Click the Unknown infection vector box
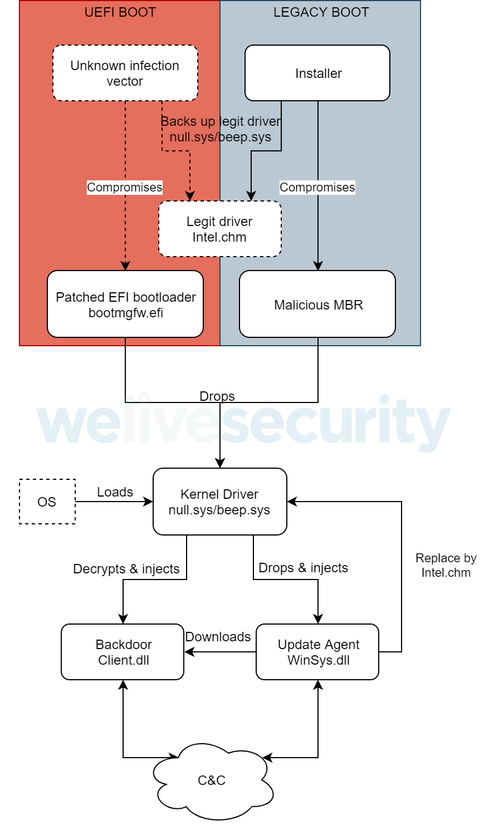(125, 73)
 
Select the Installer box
(317, 73)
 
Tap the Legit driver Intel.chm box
(219, 229)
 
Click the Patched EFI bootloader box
(125, 304)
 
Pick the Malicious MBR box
(317, 304)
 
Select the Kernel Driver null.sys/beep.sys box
(219, 502)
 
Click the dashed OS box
(47, 502)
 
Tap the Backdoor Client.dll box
(123, 652)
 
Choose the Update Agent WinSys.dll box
(317, 652)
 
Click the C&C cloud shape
(212, 780)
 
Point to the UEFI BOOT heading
(120, 12)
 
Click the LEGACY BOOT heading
(321, 12)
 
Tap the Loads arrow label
(115, 492)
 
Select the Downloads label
(218, 637)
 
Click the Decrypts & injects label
(126, 569)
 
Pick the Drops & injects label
(304, 568)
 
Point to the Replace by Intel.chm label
(446, 565)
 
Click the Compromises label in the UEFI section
(125, 188)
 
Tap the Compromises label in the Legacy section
(317, 188)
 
